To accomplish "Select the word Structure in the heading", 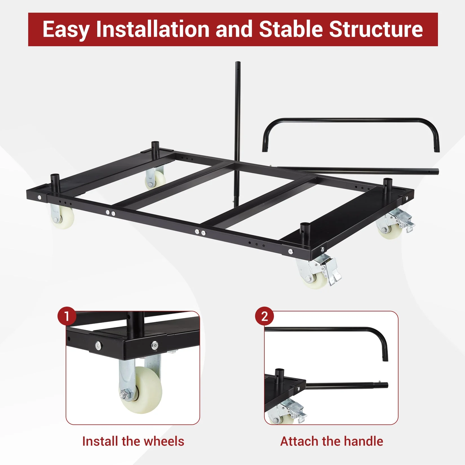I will click(x=376, y=29).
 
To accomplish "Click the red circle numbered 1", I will click(x=67, y=316).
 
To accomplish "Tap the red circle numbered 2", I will click(x=264, y=316).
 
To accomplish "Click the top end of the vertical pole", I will click(x=238, y=63).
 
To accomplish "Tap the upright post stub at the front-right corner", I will click(x=305, y=232).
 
